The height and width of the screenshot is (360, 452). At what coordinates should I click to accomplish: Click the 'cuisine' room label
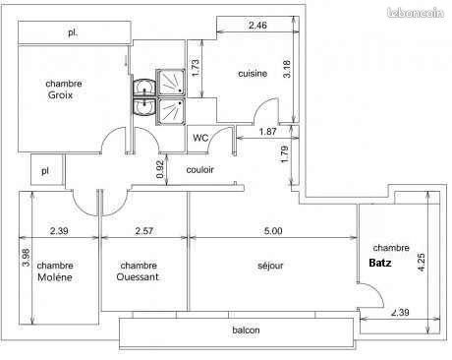pos(254,73)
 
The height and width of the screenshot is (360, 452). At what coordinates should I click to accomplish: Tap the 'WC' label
pos(200,137)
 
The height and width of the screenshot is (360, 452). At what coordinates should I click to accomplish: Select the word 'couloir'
pos(199,170)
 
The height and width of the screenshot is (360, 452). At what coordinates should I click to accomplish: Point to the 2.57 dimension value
pos(144,231)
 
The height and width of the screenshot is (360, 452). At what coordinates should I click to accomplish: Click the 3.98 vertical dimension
pos(27,259)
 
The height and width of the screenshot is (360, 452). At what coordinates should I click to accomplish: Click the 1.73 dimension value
pos(196,68)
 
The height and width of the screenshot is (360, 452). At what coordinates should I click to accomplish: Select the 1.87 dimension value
pos(267,132)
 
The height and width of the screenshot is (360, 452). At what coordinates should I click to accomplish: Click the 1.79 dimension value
pos(285,154)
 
